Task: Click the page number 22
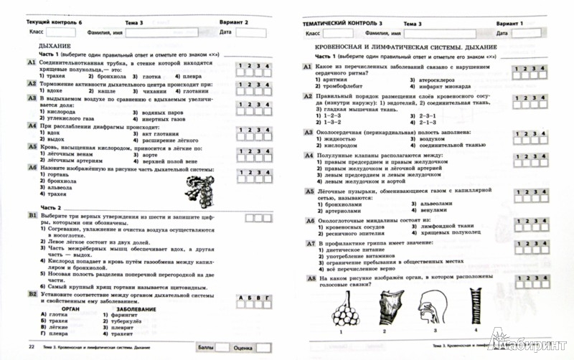tap(31, 346)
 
